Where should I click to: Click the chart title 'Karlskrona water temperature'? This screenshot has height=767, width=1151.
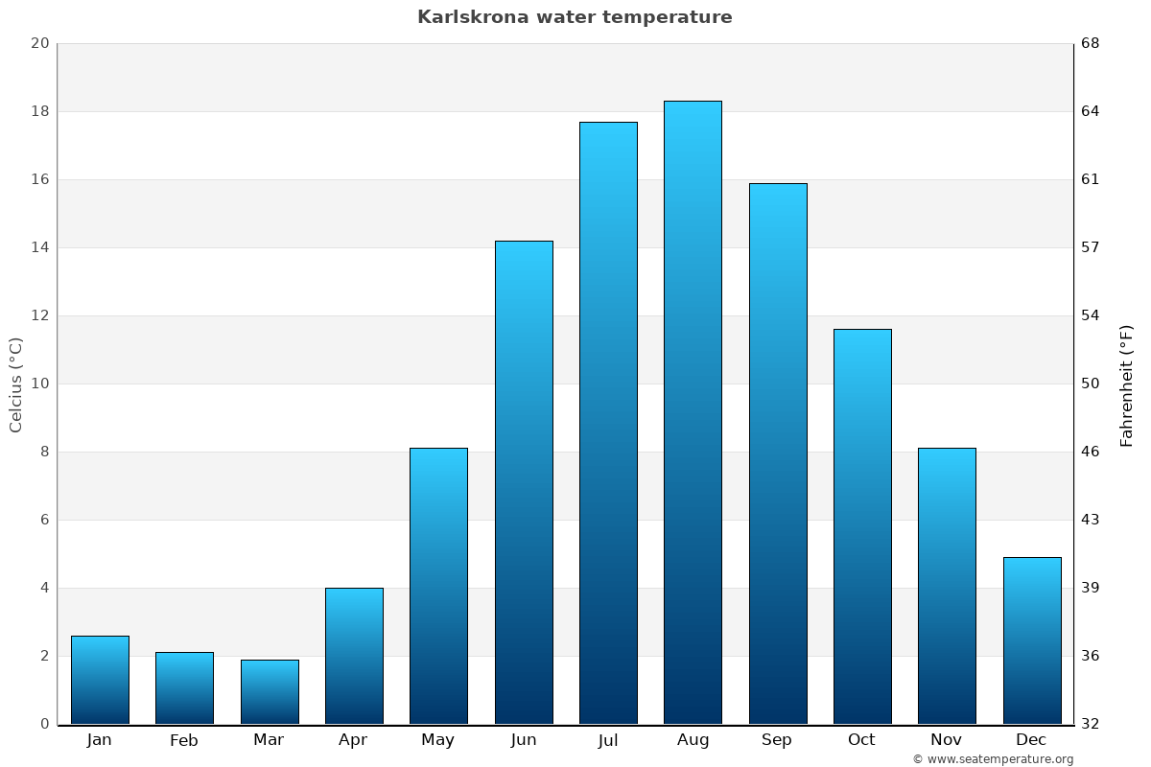(x=575, y=17)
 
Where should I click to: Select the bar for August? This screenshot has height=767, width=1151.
(x=693, y=412)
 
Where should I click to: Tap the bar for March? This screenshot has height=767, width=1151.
(x=270, y=691)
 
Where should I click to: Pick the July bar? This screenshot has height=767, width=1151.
(x=608, y=422)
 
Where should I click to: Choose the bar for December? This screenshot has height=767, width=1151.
(x=1032, y=640)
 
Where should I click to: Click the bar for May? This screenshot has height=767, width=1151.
(x=438, y=585)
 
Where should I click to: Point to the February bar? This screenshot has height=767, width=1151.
(x=184, y=687)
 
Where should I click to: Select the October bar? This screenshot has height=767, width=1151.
(x=862, y=525)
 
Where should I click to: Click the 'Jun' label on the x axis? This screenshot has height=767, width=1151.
(x=524, y=740)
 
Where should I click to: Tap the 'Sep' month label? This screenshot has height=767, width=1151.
(x=777, y=740)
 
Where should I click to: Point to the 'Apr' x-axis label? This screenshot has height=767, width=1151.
(x=353, y=740)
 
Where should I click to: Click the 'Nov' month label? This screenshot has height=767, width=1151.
(x=947, y=740)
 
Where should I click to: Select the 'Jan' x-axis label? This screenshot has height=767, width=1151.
(x=99, y=740)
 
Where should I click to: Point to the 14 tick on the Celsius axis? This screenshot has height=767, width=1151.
(x=39, y=247)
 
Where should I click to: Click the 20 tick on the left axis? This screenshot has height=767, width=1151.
(x=39, y=43)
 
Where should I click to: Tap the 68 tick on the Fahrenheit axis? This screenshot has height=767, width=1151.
(x=1091, y=43)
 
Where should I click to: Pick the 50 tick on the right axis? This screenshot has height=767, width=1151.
(x=1091, y=383)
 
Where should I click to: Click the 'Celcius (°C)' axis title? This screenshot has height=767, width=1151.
(x=15, y=383)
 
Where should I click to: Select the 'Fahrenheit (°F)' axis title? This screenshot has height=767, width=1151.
(x=1127, y=383)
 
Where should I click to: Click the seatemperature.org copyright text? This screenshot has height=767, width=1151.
(x=993, y=759)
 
